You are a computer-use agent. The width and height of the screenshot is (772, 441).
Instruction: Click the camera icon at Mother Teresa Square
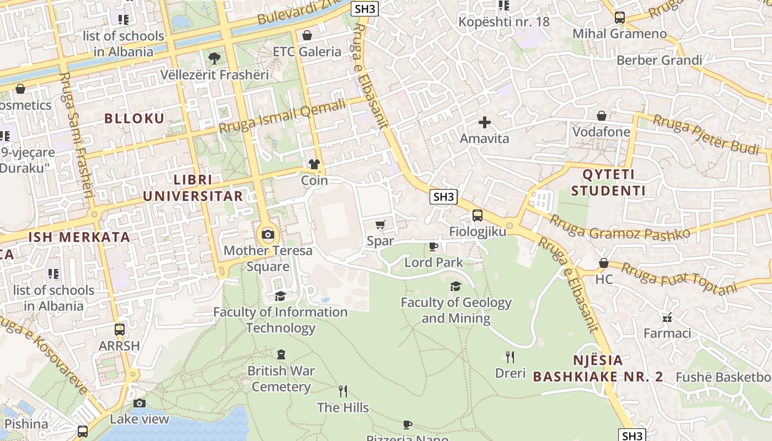268,235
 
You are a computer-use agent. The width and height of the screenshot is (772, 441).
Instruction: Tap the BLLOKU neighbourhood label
135,119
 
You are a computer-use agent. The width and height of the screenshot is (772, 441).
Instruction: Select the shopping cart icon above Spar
380,224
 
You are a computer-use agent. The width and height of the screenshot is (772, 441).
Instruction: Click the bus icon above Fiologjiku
477,216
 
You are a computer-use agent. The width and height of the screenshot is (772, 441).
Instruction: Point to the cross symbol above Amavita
485,122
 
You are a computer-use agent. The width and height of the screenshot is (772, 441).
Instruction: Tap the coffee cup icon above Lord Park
433,246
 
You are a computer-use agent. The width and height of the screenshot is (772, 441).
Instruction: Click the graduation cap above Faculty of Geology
455,286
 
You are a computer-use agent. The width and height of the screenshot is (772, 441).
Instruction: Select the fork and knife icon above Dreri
510,357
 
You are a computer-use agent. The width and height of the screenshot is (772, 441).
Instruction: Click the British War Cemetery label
281,379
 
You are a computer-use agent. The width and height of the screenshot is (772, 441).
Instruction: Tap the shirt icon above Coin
314,164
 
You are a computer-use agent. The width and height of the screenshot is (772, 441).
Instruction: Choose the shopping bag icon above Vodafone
602,116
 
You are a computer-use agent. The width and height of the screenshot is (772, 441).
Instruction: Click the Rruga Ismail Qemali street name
282,115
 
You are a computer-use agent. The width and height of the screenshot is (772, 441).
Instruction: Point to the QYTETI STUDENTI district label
608,183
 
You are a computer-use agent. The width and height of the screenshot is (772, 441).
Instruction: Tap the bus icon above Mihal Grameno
620,18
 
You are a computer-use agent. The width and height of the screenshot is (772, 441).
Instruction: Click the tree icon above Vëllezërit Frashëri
214,58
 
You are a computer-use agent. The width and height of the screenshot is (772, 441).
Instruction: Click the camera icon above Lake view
140,404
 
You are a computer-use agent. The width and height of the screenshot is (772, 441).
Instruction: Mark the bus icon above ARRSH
120,330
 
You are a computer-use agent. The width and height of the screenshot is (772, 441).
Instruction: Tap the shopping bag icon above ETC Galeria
307,36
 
